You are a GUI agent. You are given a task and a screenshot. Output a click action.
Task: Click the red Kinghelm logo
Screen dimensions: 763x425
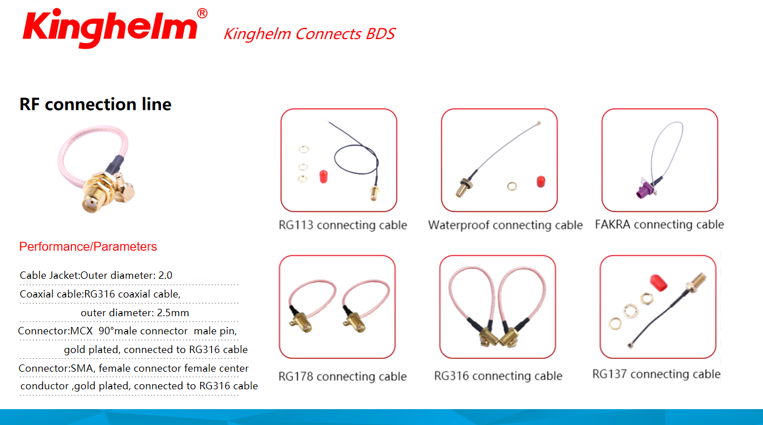pos(110,28)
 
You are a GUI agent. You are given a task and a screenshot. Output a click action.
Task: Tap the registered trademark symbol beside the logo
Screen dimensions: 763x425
pos(202,13)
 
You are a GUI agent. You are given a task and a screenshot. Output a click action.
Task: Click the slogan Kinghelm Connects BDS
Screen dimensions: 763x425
pos(310,33)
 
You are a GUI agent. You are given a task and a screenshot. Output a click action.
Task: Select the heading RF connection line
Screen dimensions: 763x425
pos(95,104)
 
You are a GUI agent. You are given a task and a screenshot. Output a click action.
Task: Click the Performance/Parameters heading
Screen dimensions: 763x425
pos(88,246)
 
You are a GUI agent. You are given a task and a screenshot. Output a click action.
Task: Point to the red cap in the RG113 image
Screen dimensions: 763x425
pos(323,177)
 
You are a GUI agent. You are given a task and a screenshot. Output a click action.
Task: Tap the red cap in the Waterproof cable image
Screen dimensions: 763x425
pos(541,181)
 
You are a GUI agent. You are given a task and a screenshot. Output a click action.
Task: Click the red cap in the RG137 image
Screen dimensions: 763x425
pos(659,283)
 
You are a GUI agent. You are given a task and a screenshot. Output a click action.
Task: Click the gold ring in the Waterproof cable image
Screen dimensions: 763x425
pos(512,186)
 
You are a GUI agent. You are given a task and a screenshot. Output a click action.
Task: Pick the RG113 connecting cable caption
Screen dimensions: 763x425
pos(342,225)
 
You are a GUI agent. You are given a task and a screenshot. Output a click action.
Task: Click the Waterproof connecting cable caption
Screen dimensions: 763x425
pos(505,225)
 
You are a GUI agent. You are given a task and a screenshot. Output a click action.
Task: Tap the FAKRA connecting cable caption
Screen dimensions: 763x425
pos(659,224)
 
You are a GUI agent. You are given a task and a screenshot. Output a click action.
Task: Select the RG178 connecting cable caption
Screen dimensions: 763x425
pos(342,376)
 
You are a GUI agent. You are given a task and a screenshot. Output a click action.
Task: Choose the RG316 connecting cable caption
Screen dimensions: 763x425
pos(498,376)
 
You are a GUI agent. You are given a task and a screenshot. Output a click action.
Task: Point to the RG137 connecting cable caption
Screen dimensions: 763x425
pos(656,374)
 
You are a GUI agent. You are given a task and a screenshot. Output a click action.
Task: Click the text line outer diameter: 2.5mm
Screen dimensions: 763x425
pos(135,313)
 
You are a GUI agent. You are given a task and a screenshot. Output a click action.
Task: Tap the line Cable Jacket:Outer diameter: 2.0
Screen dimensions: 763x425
pos(96,275)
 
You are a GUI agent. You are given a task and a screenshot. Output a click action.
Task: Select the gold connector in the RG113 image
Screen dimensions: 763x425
pos(374,193)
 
